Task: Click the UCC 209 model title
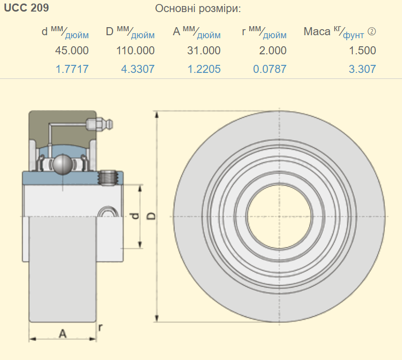coord(27,9)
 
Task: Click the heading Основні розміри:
coord(197,9)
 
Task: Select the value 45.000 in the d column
coord(71,50)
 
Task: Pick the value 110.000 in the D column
coord(135,50)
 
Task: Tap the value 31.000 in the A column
coord(204,50)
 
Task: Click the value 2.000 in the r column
coord(270,50)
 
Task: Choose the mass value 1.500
coord(362,50)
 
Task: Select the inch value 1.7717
coord(71,69)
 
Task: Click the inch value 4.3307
coord(138,69)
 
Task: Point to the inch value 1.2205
coord(204,69)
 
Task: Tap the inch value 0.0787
coord(270,69)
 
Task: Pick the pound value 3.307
coord(362,69)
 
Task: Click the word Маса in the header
coord(317,32)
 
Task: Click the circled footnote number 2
coord(372,32)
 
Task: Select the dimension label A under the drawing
coord(63,333)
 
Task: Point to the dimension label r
coord(100,328)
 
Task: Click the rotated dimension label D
coord(151,216)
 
